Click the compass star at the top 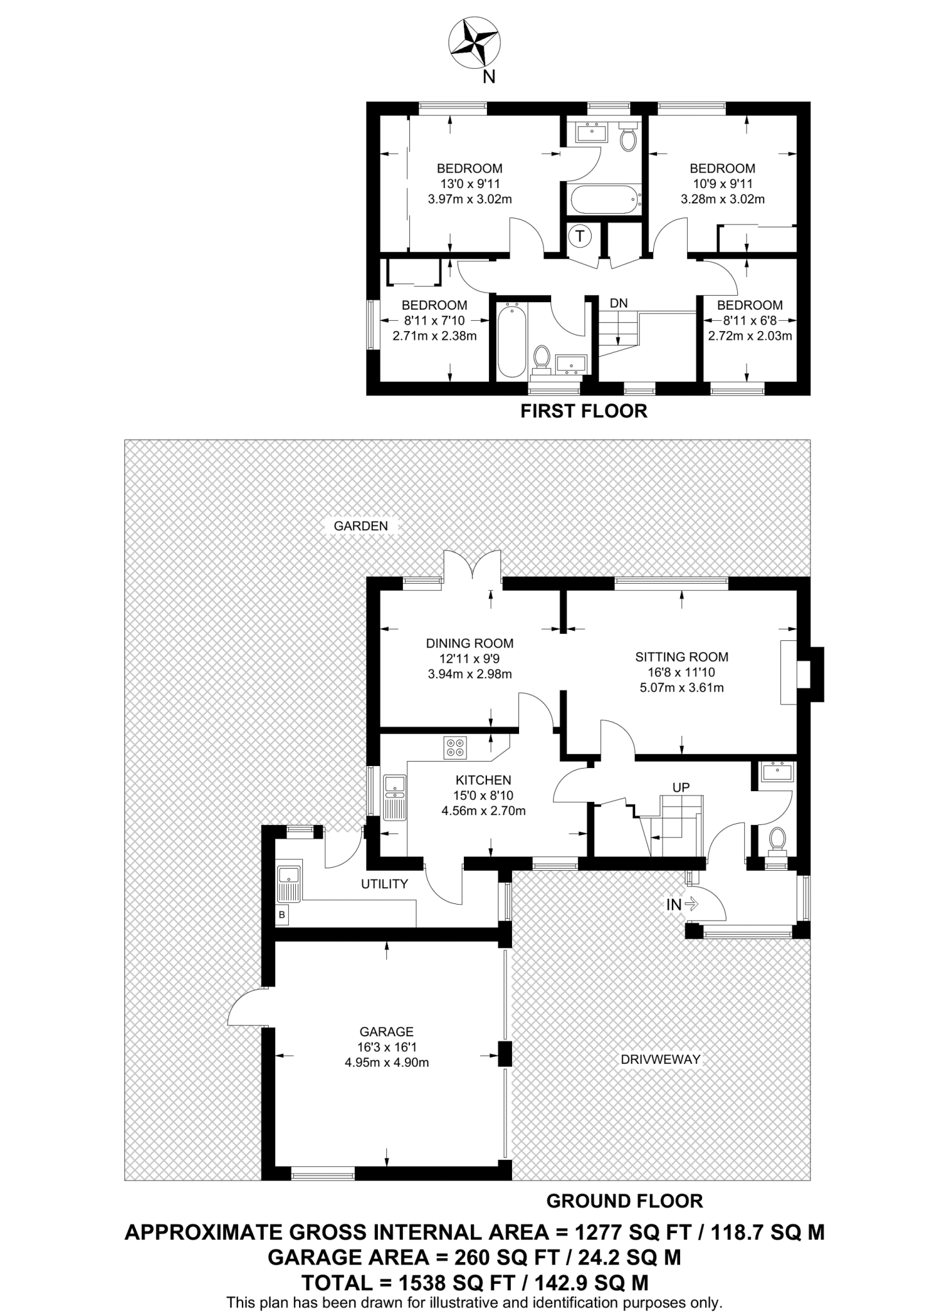coord(474,44)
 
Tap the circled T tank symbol coord(580,236)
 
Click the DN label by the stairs coord(619,303)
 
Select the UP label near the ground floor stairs coord(681,787)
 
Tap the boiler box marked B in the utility coord(282,915)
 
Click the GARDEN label coord(361,526)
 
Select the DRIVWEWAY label coord(660,1059)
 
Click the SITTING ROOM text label coord(681,657)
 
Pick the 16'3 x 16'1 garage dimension coord(386,1047)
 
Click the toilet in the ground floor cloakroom coord(778,839)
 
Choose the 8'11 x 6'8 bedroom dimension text coord(749,320)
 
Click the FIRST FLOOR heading coord(583,411)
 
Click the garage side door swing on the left coord(245,1009)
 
